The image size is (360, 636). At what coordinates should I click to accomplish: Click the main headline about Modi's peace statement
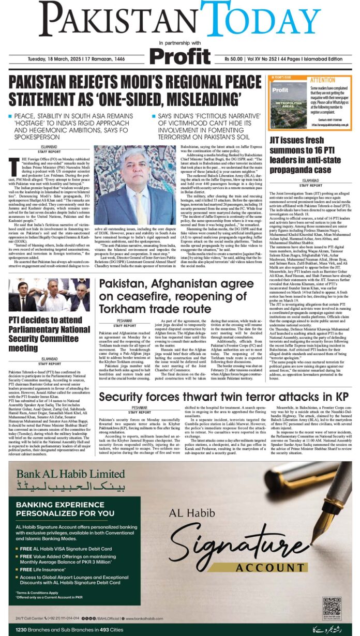(x=132, y=90)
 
